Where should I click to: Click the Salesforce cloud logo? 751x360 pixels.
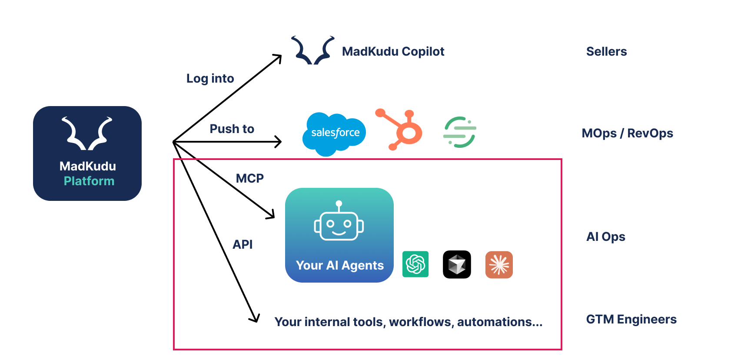334,133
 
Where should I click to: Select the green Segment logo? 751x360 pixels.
460,132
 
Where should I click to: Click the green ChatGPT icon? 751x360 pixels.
415,264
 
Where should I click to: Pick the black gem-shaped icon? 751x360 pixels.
457,264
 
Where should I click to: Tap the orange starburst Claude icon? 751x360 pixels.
499,264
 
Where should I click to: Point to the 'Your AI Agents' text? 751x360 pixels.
340,265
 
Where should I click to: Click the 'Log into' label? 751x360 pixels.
210,78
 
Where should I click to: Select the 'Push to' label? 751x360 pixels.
232,129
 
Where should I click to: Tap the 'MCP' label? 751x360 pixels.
250,178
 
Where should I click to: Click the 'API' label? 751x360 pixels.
243,244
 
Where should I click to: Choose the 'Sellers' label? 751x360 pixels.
606,51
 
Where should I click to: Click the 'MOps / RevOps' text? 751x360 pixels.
627,133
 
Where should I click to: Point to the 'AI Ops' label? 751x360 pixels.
606,237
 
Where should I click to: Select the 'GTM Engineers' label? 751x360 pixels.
631,319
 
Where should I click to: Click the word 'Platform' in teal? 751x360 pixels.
89,181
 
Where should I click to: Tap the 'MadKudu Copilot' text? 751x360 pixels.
393,51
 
